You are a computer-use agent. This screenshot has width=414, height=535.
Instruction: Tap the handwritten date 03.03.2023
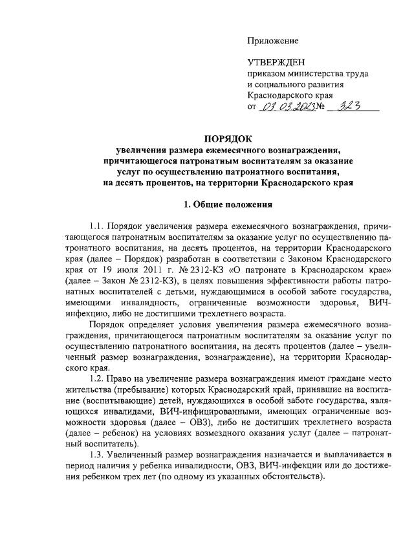point(287,105)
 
